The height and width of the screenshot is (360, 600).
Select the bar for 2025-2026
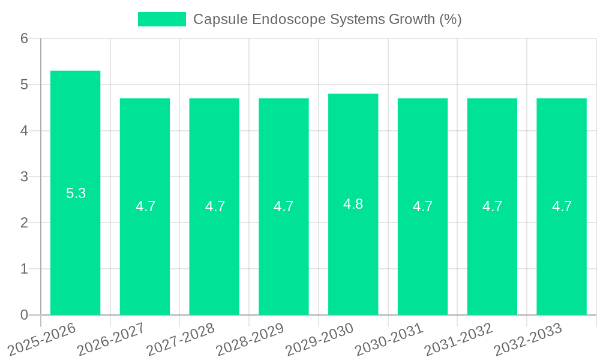[75, 240]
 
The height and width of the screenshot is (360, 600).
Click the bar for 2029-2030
[353, 252]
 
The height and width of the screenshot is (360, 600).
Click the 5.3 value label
[76, 193]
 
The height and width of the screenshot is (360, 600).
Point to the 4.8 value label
[353, 204]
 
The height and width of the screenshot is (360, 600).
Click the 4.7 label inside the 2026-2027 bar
[145, 206]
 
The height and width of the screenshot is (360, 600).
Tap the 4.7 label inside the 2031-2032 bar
[492, 206]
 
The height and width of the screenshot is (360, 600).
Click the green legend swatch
[162, 19]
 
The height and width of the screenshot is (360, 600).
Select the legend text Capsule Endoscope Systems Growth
[327, 19]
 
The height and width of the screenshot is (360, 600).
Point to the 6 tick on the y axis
[24, 39]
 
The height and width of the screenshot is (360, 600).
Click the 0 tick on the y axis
[24, 315]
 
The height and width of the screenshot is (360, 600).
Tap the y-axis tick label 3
[24, 177]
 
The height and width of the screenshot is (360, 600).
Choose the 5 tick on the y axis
[24, 85]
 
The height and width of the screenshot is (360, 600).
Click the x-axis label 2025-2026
[43, 338]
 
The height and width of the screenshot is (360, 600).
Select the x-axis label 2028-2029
[250, 338]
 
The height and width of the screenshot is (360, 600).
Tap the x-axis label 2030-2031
[389, 338]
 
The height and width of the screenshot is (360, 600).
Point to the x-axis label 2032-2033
[528, 338]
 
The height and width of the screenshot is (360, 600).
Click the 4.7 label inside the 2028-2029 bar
[283, 206]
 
